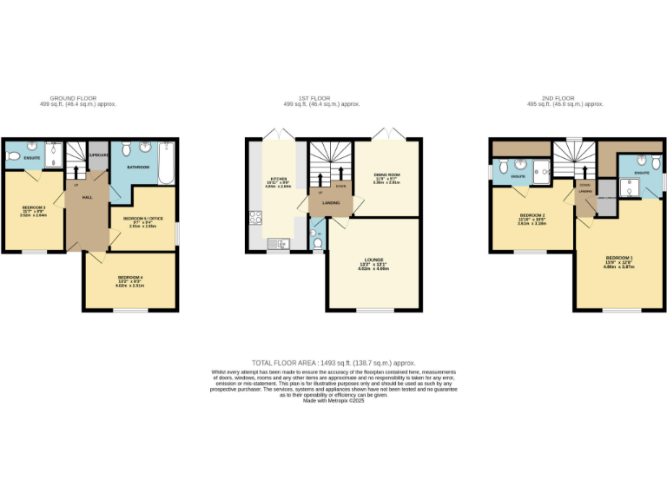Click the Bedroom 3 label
33,208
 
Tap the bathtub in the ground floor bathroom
168,163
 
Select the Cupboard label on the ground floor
98,156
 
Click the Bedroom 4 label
130,278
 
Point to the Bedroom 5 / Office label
143,218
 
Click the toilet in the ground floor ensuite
13,156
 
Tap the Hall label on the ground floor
87,198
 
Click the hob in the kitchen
256,218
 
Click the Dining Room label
386,176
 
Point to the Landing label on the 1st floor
331,203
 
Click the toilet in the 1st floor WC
318,244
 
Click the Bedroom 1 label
619,260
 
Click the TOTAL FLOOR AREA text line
333,362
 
